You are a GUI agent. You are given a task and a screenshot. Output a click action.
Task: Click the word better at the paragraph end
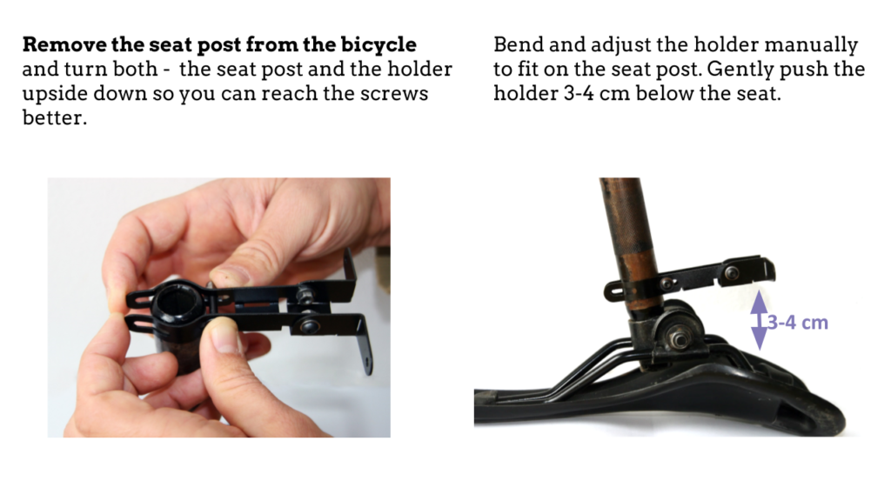(54, 117)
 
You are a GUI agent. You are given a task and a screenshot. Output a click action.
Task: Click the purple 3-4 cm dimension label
(798, 323)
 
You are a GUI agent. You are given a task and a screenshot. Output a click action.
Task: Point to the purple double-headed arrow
(759, 320)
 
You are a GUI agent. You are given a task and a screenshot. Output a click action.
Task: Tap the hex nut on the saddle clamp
(679, 339)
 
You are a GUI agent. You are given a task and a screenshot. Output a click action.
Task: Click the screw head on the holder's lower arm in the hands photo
(309, 326)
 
